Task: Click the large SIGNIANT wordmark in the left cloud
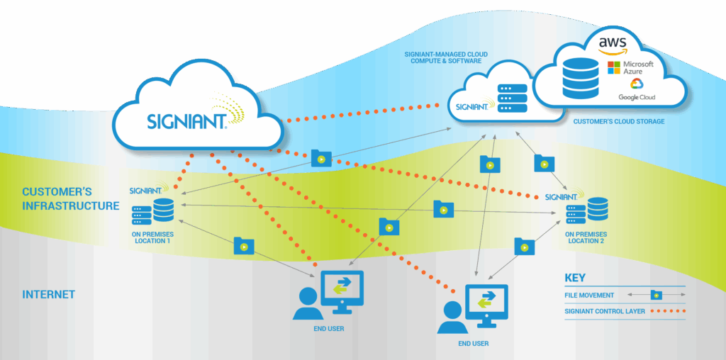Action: click(x=188, y=120)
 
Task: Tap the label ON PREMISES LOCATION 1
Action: click(x=152, y=237)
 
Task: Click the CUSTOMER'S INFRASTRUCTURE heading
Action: click(x=70, y=199)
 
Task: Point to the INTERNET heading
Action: click(x=49, y=294)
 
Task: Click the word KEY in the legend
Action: click(x=575, y=278)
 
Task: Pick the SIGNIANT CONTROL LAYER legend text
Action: click(x=605, y=311)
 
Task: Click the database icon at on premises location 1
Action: click(x=164, y=210)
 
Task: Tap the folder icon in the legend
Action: click(x=657, y=294)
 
